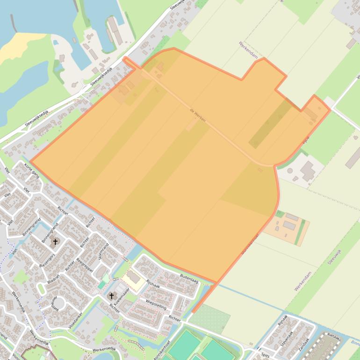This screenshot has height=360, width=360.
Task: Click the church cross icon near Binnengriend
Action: pos(56,242)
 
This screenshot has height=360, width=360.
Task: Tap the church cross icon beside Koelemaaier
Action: pos(111,295)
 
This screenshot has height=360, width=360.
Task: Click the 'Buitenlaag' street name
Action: pos(189,279)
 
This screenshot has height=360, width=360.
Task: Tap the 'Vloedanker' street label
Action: pos(75,321)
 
